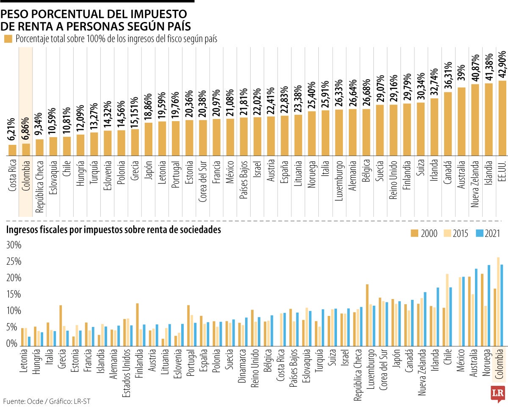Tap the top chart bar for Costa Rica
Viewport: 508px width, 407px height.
(13, 150)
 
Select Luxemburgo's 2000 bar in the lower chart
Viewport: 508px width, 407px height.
(367, 315)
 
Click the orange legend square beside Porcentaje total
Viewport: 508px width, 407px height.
(8, 39)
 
